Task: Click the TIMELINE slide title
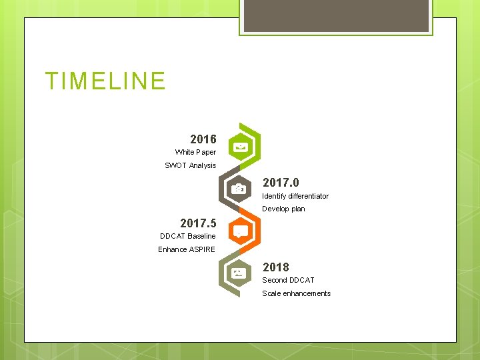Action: pos(105,81)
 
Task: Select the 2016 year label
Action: pos(203,139)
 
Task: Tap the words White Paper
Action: pos(195,153)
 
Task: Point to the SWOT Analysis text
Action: pos(190,165)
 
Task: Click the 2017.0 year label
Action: pos(281,183)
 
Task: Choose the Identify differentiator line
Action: pos(295,196)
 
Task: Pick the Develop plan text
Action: pos(283,209)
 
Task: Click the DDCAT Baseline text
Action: pos(188,236)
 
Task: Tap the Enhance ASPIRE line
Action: pos(187,249)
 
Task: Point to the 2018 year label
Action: pos(275,267)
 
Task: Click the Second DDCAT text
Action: pos(288,280)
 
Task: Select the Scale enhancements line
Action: pos(296,293)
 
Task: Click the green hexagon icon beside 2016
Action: pos(241,147)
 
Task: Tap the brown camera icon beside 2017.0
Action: pos(239,189)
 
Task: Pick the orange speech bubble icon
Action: pos(241,231)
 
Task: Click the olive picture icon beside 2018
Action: pos(239,273)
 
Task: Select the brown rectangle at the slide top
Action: pos(336,15)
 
